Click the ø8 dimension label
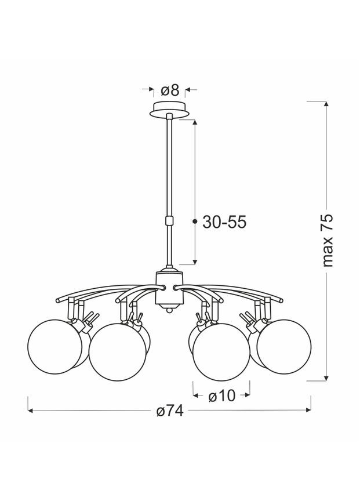[170, 90]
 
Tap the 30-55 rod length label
[224, 222]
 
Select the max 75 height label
[327, 241]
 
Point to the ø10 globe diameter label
[221, 396]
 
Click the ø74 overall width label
[170, 411]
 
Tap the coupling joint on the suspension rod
[169, 220]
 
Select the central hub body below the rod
[169, 288]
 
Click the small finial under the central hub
[169, 308]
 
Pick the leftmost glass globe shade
[55, 347]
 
